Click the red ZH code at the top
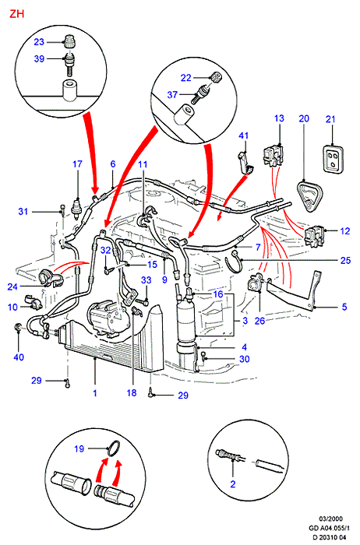16,14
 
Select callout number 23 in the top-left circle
39,42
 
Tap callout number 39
39,58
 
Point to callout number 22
186,78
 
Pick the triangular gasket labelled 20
309,195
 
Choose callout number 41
243,135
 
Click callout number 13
279,118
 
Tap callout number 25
345,260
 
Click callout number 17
77,163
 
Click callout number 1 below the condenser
94,393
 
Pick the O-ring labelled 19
114,448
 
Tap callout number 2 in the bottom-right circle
233,483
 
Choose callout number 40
19,357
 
